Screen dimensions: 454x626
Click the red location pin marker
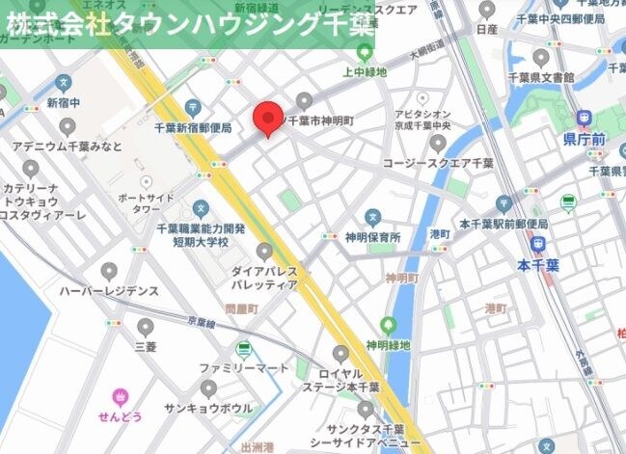coord(267,118)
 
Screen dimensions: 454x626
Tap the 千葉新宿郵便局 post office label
coord(193,127)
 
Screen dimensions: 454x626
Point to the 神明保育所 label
coord(373,236)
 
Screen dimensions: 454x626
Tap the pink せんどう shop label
coord(121,415)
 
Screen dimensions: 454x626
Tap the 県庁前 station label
coord(584,140)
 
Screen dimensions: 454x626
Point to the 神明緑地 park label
coord(388,344)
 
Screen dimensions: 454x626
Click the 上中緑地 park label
coord(365,72)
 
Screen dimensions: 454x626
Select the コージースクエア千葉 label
coord(438,163)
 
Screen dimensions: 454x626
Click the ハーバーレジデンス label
coord(108,290)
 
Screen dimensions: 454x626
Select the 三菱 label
coord(145,345)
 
